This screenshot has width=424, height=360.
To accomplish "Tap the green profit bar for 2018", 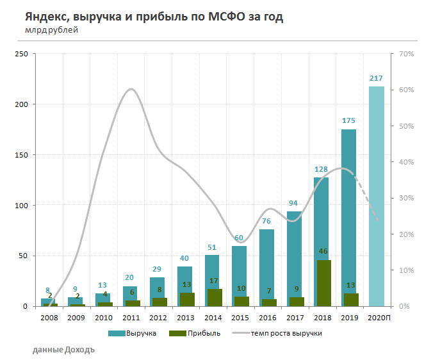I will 324,282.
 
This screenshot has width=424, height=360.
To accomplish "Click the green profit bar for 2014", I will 215,297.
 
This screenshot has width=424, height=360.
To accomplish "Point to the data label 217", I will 376,79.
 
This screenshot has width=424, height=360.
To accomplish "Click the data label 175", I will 348,120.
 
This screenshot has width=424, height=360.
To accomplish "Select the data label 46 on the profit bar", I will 324,252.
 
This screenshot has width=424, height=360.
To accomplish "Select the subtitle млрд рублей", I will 52,29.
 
